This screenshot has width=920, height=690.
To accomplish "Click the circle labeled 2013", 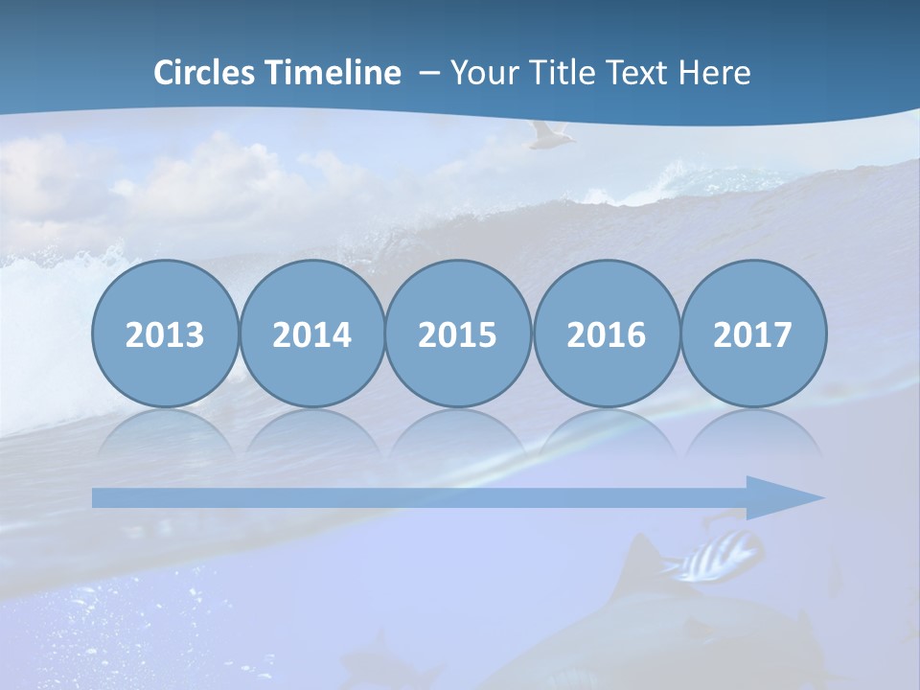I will click(x=165, y=333).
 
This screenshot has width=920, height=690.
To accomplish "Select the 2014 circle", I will click(x=312, y=333).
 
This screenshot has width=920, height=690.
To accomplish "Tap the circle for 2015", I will click(x=458, y=333).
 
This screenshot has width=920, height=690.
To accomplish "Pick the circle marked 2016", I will click(x=606, y=333).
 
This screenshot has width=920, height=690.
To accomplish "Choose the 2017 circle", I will click(x=753, y=333).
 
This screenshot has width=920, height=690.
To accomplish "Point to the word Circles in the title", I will click(x=204, y=73).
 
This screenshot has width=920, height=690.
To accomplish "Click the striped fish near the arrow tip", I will click(x=721, y=558).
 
